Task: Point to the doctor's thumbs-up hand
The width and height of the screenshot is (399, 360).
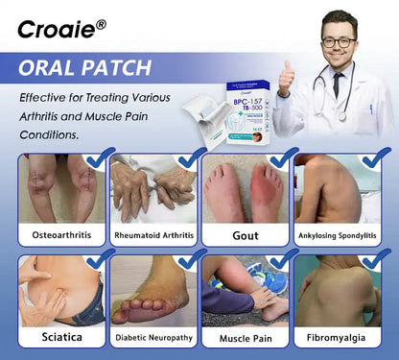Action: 286,76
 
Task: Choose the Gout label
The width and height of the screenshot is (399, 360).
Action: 246,234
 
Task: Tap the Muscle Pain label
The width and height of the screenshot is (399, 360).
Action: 246,337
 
